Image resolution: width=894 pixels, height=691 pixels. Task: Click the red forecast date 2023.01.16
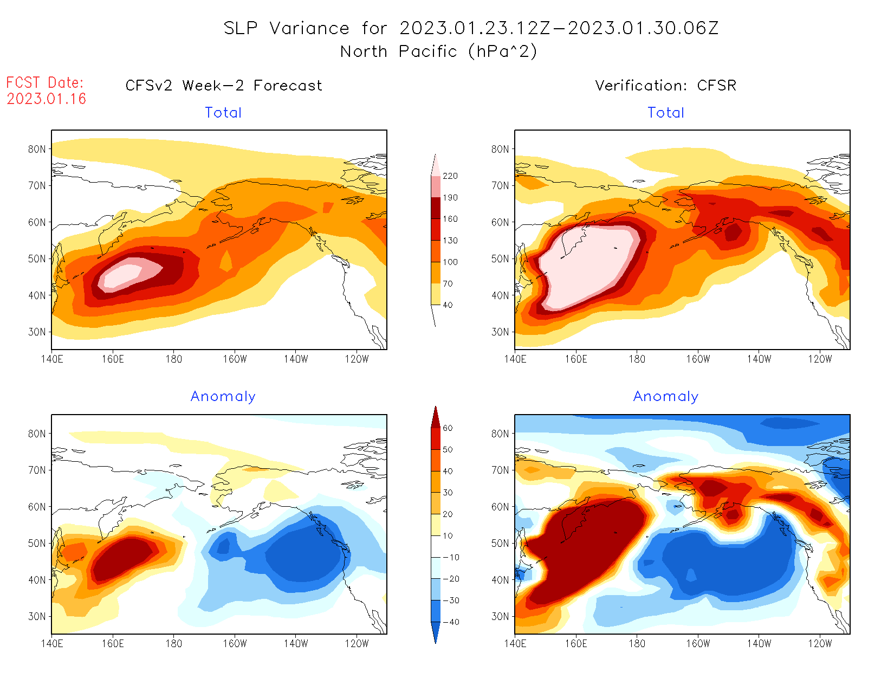(x=47, y=99)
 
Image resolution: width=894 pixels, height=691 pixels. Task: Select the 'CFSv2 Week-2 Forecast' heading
(x=223, y=86)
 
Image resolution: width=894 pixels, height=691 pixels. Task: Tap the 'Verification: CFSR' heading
(x=665, y=86)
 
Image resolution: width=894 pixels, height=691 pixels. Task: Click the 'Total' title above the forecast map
(x=223, y=113)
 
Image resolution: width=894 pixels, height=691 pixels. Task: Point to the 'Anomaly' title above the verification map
(x=665, y=397)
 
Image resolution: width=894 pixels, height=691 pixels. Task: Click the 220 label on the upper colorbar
(x=450, y=176)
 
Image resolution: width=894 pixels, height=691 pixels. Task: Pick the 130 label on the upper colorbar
(x=450, y=241)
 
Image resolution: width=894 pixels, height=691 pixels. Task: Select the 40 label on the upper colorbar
(x=448, y=305)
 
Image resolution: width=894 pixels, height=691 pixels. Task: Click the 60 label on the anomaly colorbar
(x=448, y=428)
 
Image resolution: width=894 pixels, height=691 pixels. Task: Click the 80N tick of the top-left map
(x=37, y=149)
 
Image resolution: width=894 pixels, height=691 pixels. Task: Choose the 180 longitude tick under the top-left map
(x=173, y=359)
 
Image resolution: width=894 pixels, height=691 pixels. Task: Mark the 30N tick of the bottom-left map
(x=37, y=616)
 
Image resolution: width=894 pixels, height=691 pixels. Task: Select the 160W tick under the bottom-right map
(x=698, y=644)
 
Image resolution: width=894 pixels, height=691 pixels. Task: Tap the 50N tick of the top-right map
(x=500, y=259)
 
